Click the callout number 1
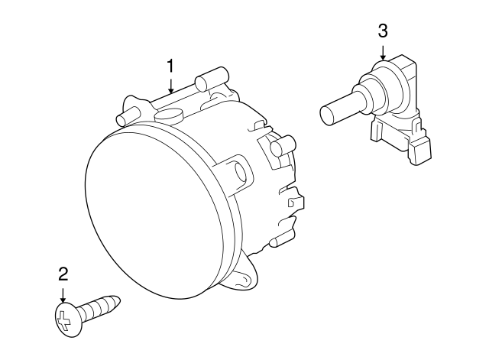pyautogui.click(x=171, y=66)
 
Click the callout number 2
pyautogui.click(x=63, y=273)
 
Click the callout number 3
pyautogui.click(x=383, y=31)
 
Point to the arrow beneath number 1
pyautogui.click(x=171, y=84)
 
